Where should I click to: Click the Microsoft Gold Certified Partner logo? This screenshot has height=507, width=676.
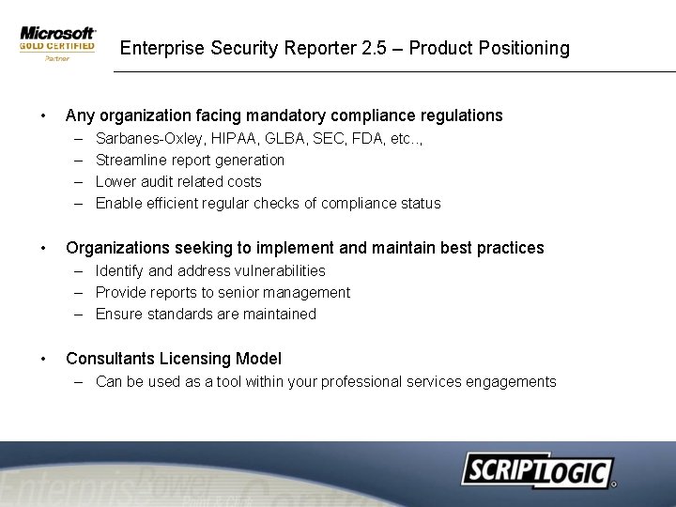tap(57, 43)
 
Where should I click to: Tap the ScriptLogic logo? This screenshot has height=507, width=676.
tap(537, 469)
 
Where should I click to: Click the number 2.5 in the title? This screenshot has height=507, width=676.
tap(374, 48)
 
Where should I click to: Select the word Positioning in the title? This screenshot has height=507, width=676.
tap(522, 48)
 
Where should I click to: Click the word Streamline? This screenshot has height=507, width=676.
tap(131, 160)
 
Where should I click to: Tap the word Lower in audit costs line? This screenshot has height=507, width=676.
tap(116, 181)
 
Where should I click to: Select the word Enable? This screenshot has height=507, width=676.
tap(118, 203)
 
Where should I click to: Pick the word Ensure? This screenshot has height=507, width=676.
tap(118, 314)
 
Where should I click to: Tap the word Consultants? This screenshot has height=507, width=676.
tap(111, 359)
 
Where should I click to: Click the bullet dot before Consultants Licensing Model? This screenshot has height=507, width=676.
tap(42, 359)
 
